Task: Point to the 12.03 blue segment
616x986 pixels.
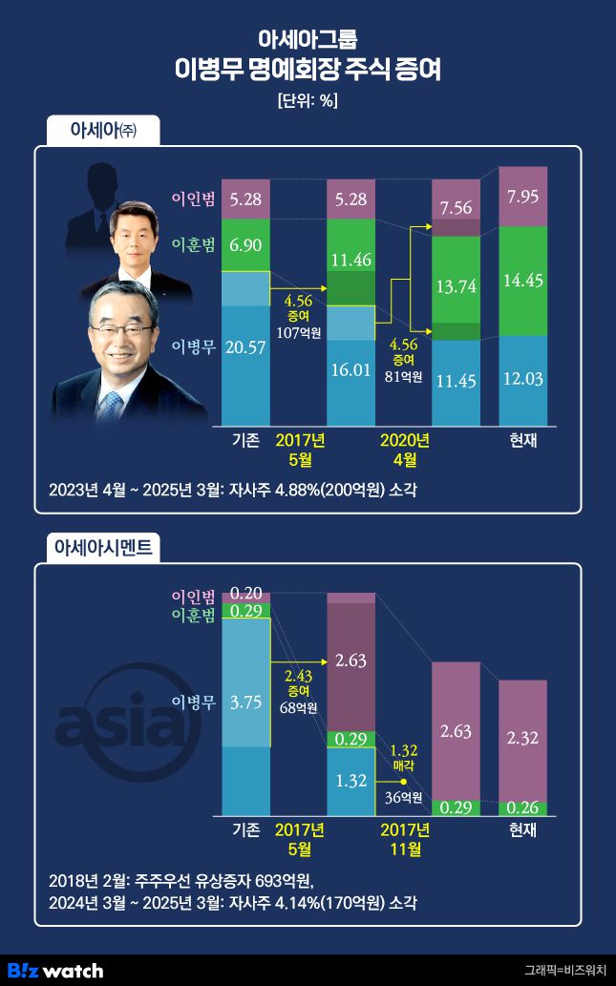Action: pyautogui.click(x=523, y=379)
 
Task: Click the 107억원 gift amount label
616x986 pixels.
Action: pyautogui.click(x=298, y=333)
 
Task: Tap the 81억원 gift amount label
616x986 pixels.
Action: pyautogui.click(x=405, y=376)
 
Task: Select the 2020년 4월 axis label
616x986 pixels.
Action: pyautogui.click(x=405, y=449)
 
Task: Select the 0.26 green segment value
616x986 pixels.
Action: pyautogui.click(x=523, y=808)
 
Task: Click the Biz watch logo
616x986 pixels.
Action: pyautogui.click(x=55, y=970)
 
